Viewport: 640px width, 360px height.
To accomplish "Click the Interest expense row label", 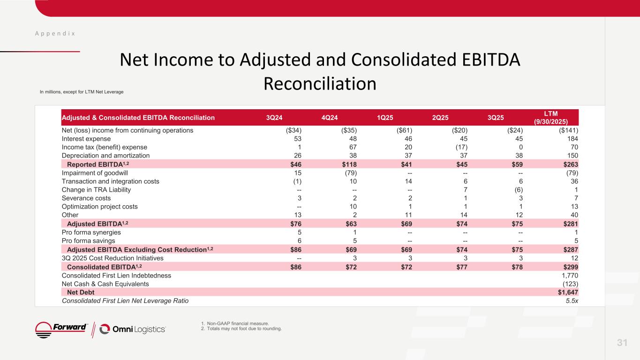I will coord(86,139).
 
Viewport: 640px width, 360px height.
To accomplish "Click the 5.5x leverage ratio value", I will coord(572,300).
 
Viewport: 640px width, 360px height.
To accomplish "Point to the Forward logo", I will coord(62,329).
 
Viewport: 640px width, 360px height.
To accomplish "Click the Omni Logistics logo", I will coord(133,329).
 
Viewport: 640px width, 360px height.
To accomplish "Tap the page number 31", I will coord(622,343).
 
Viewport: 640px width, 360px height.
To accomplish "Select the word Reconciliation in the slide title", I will coord(320,83).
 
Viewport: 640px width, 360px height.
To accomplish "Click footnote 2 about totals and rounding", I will coord(241,329).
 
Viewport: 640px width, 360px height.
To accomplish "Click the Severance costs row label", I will coord(86,198).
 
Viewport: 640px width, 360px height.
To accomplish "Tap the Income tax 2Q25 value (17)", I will coord(461,147).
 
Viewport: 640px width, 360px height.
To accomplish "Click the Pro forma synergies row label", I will coord(91,232).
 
